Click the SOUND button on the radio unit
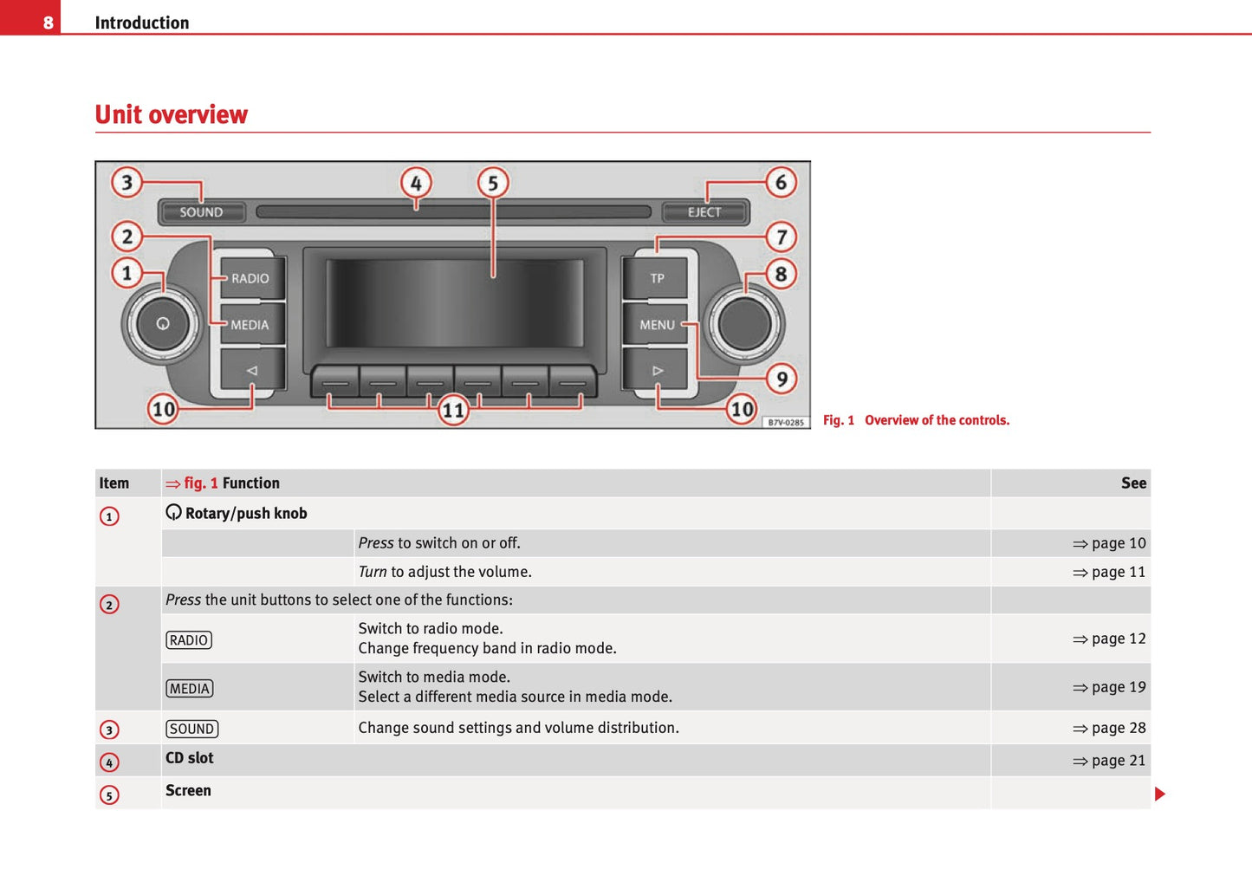pyautogui.click(x=202, y=212)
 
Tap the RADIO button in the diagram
pyautogui.click(x=250, y=278)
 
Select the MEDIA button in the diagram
pyautogui.click(x=250, y=325)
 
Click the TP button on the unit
pyautogui.click(x=657, y=278)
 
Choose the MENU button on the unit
pyautogui.click(x=657, y=325)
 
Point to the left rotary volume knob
pyautogui.click(x=162, y=324)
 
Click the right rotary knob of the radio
pyautogui.click(x=744, y=324)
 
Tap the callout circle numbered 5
pyautogui.click(x=493, y=183)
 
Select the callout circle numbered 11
pyautogui.click(x=453, y=410)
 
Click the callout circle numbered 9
pyautogui.click(x=782, y=379)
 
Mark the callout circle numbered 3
pyautogui.click(x=127, y=182)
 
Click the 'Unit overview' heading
pyautogui.click(x=172, y=114)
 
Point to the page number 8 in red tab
pyautogui.click(x=48, y=23)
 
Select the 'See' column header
pyautogui.click(x=1133, y=483)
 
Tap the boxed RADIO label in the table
pyautogui.click(x=189, y=640)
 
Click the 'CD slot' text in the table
pyautogui.click(x=189, y=758)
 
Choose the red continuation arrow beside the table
pyautogui.click(x=1160, y=794)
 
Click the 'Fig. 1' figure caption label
pyautogui.click(x=838, y=420)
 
